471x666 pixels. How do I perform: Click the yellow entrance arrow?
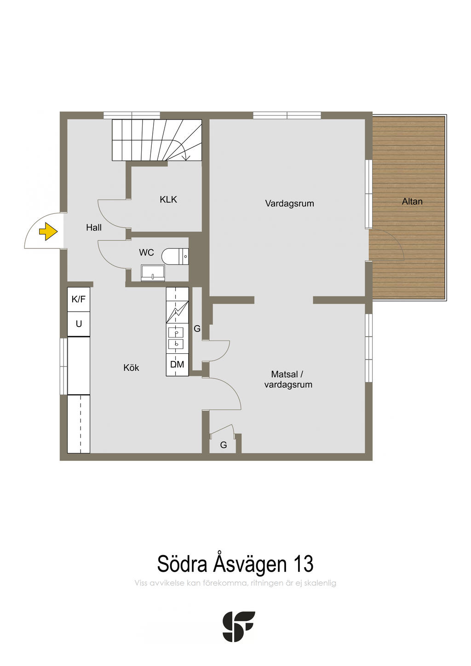(48, 231)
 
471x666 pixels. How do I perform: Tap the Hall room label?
(94, 228)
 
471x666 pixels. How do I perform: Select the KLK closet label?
(168, 200)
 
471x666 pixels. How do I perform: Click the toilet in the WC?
(175, 256)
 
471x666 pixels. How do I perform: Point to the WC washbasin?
(153, 273)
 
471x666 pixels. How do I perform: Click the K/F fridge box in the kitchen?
(79, 299)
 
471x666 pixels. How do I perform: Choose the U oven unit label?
(79, 324)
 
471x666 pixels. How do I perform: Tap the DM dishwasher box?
(177, 365)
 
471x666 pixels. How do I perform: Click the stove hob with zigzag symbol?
(177, 312)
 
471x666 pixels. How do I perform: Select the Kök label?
(131, 368)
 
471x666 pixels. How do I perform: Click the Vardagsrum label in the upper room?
(290, 204)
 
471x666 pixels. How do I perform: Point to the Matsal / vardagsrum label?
(288, 379)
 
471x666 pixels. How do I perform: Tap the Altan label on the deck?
(412, 201)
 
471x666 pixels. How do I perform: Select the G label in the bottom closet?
(223, 445)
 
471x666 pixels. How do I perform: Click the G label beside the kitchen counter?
(197, 328)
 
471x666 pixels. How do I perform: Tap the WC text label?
(146, 253)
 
